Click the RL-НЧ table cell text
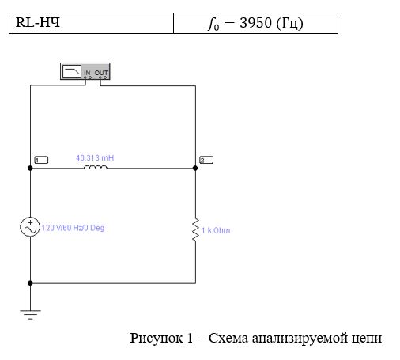(x=38, y=22)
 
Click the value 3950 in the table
(x=255, y=23)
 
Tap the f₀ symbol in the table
(x=213, y=25)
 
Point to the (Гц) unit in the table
(x=290, y=24)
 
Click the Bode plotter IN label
(x=87, y=73)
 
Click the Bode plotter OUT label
(x=101, y=73)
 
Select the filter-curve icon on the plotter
(x=72, y=71)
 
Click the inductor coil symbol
(x=96, y=167)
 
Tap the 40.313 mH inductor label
(x=95, y=158)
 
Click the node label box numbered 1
(x=41, y=160)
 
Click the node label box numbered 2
(x=206, y=160)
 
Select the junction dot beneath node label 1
(x=30, y=168)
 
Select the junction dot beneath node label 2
(x=195, y=168)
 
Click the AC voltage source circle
(x=30, y=227)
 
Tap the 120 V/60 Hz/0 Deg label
(x=73, y=228)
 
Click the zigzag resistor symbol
(x=195, y=229)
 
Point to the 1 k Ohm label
(x=216, y=230)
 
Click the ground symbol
(x=30, y=314)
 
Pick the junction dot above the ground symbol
(x=30, y=283)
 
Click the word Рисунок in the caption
(x=157, y=338)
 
